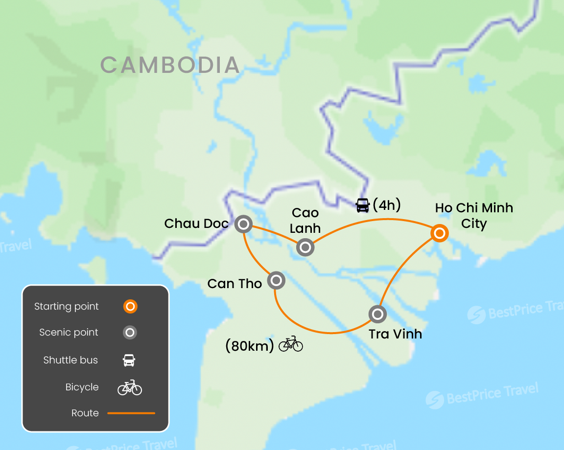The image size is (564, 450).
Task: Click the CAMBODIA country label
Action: [x=170, y=65]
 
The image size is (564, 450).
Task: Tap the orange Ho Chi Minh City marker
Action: [x=440, y=233]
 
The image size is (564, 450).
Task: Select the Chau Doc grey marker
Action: [x=243, y=225]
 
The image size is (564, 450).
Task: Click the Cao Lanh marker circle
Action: [x=305, y=247]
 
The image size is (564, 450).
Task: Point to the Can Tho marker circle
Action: [x=276, y=281]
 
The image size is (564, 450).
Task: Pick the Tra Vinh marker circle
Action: [x=377, y=314]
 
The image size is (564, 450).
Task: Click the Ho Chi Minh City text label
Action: [x=474, y=216]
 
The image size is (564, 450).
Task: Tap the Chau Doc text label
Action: [x=196, y=224]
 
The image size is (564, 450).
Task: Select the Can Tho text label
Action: [x=235, y=284]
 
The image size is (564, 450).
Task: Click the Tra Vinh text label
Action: [x=395, y=334]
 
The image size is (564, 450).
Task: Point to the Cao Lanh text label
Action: [x=305, y=220]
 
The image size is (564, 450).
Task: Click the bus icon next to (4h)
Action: [x=362, y=205]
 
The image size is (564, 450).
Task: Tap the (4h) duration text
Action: [x=387, y=205]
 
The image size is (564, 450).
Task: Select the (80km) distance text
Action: [x=249, y=346]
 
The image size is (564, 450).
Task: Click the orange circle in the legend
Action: [x=130, y=307]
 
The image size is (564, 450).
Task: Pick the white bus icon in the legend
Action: [x=129, y=360]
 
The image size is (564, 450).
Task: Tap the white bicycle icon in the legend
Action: [x=130, y=387]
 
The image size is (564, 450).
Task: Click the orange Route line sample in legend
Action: [x=131, y=413]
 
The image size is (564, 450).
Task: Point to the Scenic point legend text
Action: [x=69, y=333]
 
